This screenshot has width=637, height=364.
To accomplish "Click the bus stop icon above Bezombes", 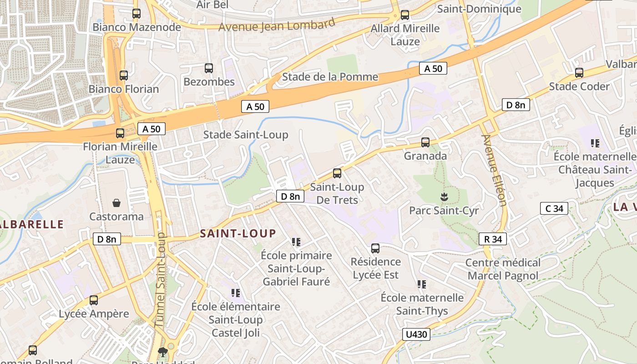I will pos(209,68).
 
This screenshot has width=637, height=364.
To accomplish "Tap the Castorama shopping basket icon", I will pos(116,203).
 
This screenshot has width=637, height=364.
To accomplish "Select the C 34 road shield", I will pos(554,209).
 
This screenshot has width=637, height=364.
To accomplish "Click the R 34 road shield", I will pos(493,239).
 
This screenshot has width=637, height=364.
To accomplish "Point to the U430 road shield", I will pos(416,335).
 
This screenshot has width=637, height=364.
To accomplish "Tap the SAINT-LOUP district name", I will pos(238,234).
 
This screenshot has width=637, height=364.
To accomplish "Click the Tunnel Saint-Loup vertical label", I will pos(160,280).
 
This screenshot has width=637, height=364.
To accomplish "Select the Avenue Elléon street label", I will pos(494,170).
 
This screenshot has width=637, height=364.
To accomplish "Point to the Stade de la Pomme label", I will pos(330,77).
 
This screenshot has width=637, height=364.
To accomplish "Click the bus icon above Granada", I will pos(425,142).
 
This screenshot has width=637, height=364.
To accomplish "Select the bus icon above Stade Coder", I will pos(579,73).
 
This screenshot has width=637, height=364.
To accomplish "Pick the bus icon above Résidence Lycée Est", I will pos(375,248).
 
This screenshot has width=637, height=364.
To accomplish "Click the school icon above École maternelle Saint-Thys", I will pos(422,284).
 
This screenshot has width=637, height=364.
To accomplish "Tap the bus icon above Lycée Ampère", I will pos(94,300).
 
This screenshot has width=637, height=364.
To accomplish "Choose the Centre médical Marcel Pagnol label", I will pos(503,269).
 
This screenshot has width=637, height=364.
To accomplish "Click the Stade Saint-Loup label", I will pos(246,135).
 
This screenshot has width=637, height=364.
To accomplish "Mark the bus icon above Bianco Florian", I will pos(124,76).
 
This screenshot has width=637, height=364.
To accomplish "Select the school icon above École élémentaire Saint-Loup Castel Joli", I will pos(235,293).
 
